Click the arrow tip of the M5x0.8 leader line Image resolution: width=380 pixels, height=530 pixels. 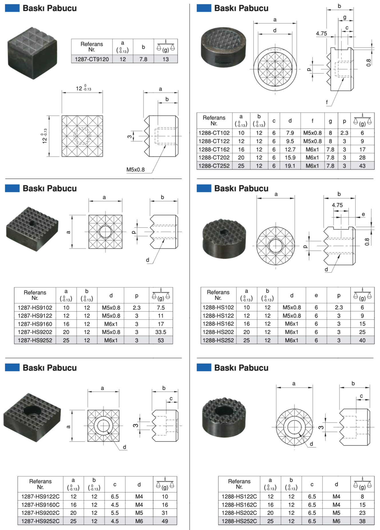[x=166, y=145]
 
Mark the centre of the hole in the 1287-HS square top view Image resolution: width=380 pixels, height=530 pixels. [x=105, y=232]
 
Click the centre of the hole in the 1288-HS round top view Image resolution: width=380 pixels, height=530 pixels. [x=276, y=246]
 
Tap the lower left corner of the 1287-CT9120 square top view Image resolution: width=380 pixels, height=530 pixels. [x=62, y=156]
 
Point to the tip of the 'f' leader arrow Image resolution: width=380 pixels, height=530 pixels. [x=344, y=78]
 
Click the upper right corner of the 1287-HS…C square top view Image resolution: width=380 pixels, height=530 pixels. [x=119, y=410]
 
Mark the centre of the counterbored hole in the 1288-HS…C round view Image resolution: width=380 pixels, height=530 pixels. [x=294, y=427]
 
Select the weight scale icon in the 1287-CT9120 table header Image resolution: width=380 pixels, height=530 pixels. [x=166, y=47]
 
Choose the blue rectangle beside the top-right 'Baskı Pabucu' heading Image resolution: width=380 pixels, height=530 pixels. [x=204, y=8]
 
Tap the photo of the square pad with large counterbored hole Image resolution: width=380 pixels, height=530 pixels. [x=32, y=417]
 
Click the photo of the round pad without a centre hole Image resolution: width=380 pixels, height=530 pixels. [x=223, y=47]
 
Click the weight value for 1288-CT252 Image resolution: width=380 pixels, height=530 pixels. [x=362, y=166]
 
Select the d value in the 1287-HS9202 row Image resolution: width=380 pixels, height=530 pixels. [x=111, y=332]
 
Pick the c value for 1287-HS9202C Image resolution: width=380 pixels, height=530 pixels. [x=115, y=513]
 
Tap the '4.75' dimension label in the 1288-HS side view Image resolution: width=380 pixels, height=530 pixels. [x=337, y=205]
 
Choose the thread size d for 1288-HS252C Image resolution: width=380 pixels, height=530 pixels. [x=336, y=521]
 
